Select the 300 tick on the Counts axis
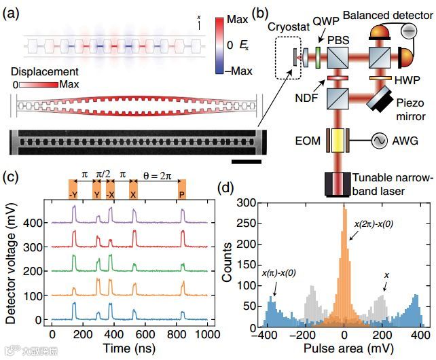[250, 202]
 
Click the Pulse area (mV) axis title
[344, 348]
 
